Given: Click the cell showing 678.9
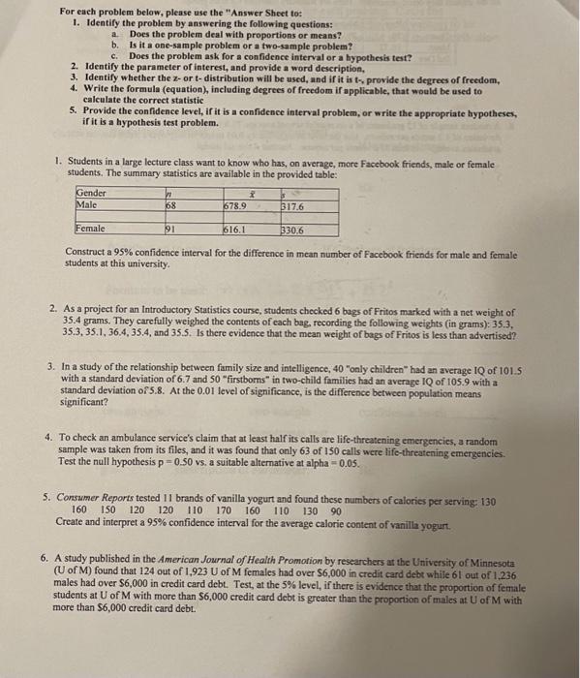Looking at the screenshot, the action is coord(235,204).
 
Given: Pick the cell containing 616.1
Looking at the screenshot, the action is coord(235,230).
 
